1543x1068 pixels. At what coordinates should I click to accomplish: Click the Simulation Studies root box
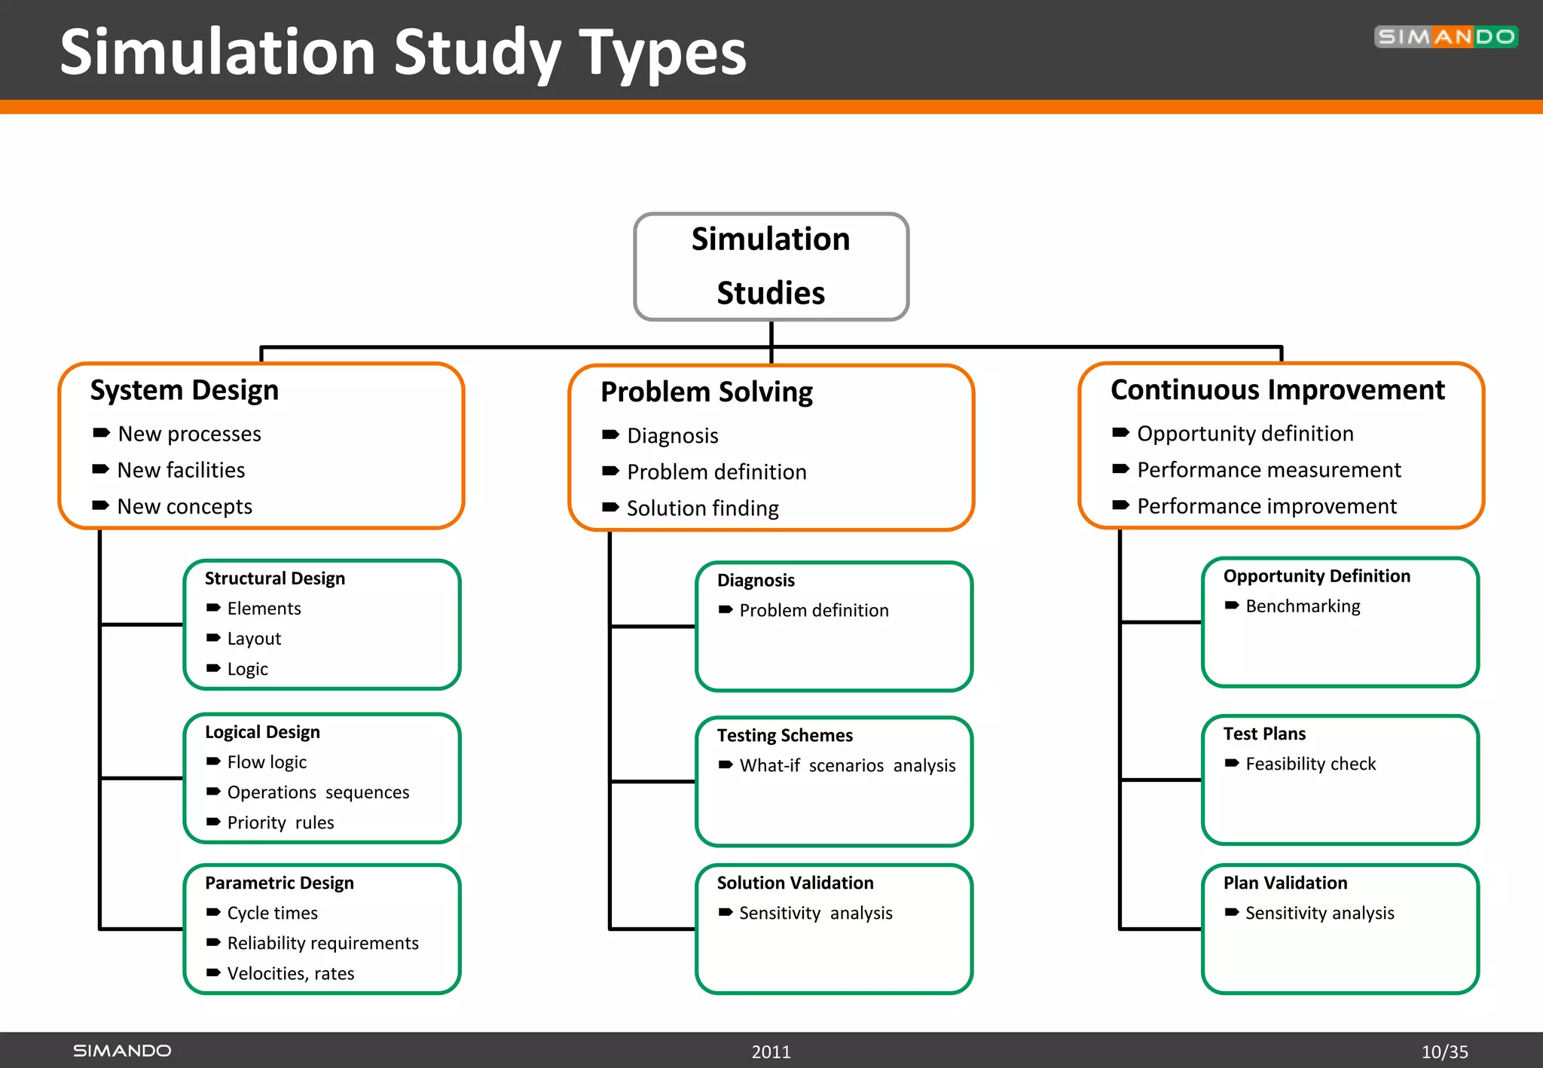pyautogui.click(x=771, y=267)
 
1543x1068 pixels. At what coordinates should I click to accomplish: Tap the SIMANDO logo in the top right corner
pyautogui.click(x=1445, y=37)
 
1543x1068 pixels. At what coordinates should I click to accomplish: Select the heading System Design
pyautogui.click(x=184, y=390)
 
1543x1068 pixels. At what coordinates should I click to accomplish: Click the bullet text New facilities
pyautogui.click(x=181, y=470)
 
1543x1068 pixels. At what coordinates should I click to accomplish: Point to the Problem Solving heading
pyautogui.click(x=706, y=392)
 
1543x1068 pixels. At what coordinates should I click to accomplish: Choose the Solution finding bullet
pyautogui.click(x=702, y=508)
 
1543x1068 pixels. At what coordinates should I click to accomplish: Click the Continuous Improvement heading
pyautogui.click(x=1277, y=390)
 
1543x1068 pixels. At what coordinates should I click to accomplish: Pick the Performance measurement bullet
pyautogui.click(x=1269, y=470)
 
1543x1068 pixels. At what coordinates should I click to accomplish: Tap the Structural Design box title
pyautogui.click(x=274, y=578)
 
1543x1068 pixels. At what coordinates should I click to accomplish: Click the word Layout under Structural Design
pyautogui.click(x=254, y=639)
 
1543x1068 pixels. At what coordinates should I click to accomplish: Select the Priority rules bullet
pyautogui.click(x=280, y=822)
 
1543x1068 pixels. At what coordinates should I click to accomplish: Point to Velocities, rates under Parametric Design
pyautogui.click(x=290, y=974)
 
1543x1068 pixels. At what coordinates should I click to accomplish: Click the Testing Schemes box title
pyautogui.click(x=784, y=735)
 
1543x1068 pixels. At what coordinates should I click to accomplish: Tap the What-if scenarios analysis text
pyautogui.click(x=847, y=765)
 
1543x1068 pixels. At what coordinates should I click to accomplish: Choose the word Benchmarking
pyautogui.click(x=1303, y=606)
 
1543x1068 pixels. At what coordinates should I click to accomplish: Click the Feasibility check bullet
pyautogui.click(x=1310, y=764)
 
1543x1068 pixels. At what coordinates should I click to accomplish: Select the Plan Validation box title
pyautogui.click(x=1285, y=883)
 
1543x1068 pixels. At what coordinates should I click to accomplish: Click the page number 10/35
pyautogui.click(x=1444, y=1051)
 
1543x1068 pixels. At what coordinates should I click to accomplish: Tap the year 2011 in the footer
pyautogui.click(x=771, y=1051)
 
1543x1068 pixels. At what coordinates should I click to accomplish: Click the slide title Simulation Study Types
pyautogui.click(x=402, y=53)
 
